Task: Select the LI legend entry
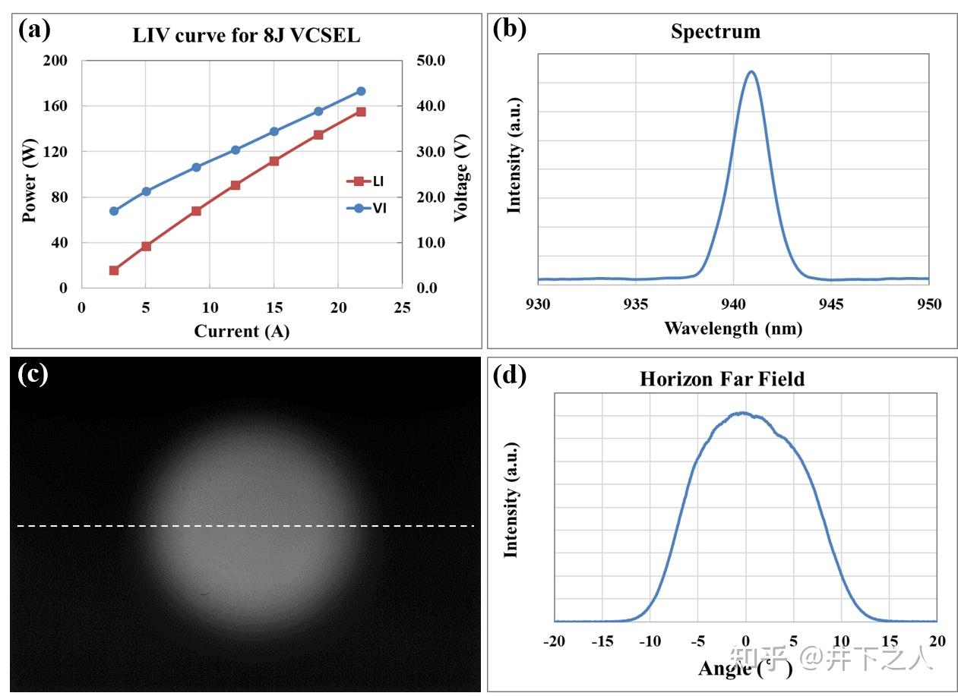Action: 367,181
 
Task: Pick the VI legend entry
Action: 367,208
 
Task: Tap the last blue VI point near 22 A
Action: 361,91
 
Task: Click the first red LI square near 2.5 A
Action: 114,270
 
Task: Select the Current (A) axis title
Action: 242,331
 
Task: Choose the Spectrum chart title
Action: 715,32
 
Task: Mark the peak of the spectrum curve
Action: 751,71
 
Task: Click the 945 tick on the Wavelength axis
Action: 831,304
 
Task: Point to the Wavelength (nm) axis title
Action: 732,328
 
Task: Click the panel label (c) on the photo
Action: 33,375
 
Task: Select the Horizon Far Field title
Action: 721,379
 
